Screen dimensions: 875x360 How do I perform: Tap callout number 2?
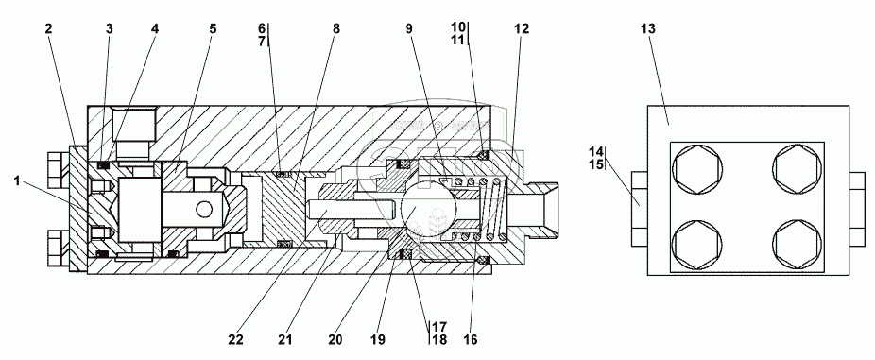click(48, 29)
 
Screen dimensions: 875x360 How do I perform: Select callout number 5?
click(213, 29)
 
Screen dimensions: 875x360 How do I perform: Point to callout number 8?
click(335, 29)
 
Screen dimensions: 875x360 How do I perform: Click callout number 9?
click(409, 29)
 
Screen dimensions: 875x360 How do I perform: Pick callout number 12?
click(522, 29)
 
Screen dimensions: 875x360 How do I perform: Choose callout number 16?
click(471, 339)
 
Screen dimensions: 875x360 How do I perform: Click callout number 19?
click(378, 339)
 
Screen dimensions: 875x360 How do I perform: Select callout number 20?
click(335, 339)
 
